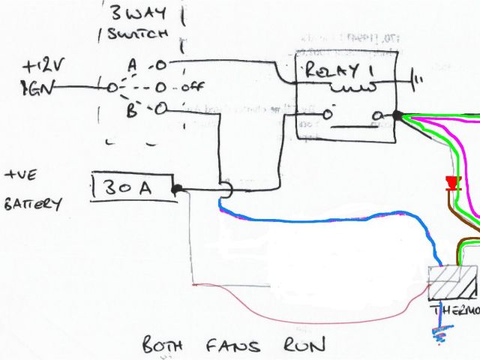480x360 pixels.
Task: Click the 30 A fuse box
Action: point(133,187)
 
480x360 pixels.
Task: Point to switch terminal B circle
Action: point(160,110)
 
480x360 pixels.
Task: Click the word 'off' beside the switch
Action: point(193,86)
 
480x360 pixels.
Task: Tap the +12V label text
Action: point(45,67)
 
